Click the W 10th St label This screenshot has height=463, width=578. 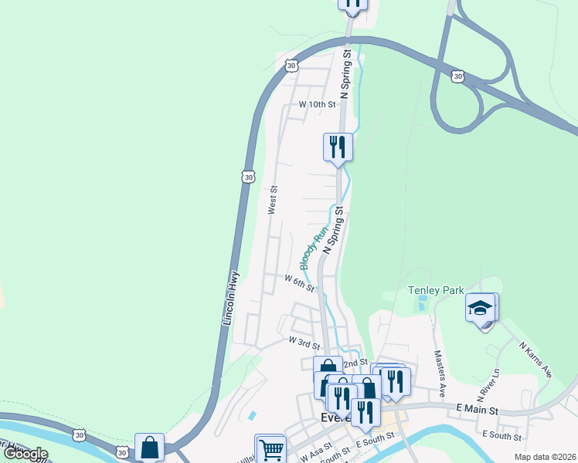pos(318,104)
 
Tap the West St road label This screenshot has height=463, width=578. pos(272,199)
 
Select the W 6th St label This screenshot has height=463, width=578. pos(299,282)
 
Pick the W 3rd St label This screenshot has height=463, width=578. pos(304,340)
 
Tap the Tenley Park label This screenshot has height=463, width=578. pos(436,290)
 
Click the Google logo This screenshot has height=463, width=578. pos(25,454)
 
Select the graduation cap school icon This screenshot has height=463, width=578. pos(480,308)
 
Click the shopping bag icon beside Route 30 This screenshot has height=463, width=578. pos(149,447)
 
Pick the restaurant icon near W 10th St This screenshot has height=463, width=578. pos(337,145)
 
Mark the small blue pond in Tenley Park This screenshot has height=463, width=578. pos(421,303)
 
